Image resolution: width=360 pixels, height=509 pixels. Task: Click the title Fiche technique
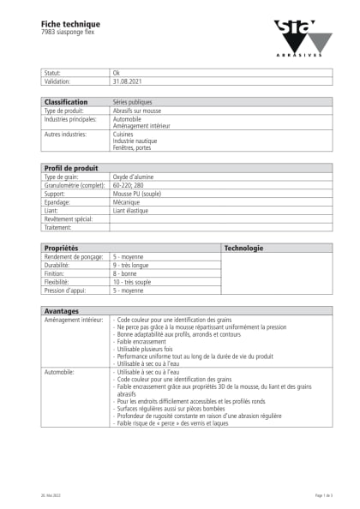point(64,23)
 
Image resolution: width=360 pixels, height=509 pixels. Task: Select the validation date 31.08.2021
point(127,81)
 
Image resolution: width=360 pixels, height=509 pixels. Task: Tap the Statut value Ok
point(117,74)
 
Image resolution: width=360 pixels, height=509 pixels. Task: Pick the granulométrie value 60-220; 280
point(130,184)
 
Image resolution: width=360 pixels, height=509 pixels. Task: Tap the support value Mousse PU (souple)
point(137,193)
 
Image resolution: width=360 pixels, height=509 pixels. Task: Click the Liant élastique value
point(130,210)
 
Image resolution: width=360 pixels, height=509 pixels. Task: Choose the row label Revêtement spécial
point(68,219)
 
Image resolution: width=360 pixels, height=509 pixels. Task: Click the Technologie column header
point(243,249)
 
